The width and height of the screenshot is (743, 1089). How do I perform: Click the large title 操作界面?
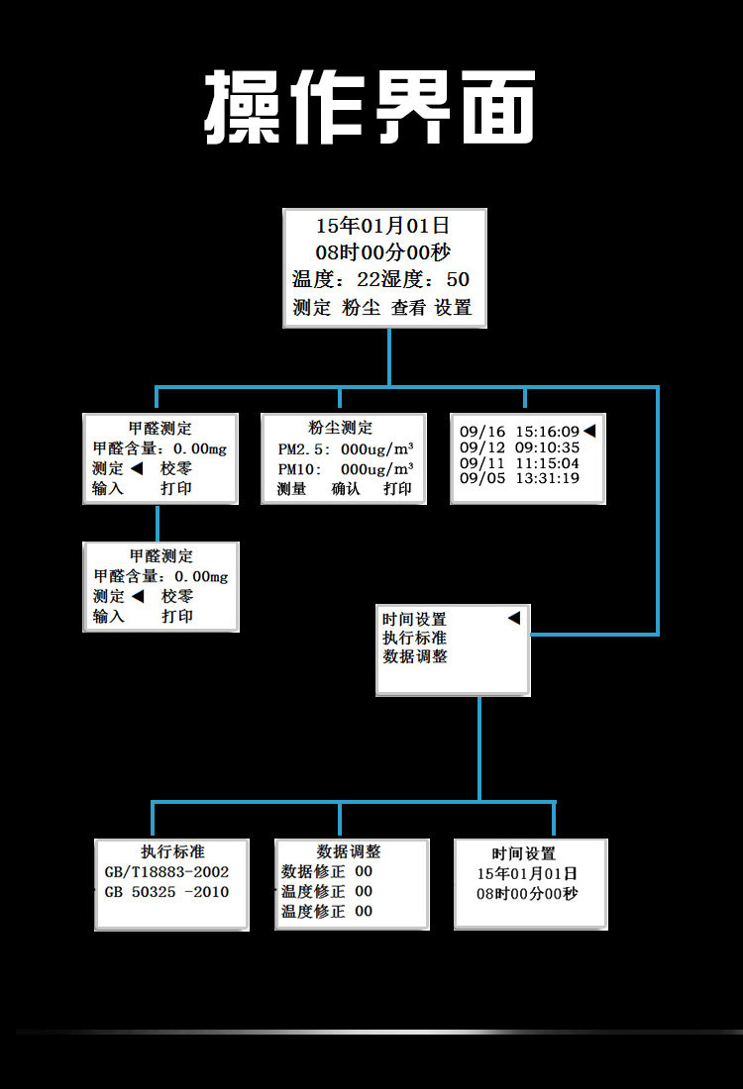tap(371, 107)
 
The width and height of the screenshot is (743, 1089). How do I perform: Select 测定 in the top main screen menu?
tap(312, 308)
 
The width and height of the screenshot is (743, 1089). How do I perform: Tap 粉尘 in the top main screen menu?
tap(362, 308)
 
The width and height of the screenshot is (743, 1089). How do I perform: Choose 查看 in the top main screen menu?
tap(408, 308)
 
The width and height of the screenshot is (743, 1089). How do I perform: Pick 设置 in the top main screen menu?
tap(454, 308)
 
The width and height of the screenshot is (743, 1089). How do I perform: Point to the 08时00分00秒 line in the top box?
tap(383, 252)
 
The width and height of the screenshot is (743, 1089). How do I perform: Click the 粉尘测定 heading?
tap(341, 429)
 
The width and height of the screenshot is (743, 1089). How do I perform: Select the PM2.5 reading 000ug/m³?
tap(377, 449)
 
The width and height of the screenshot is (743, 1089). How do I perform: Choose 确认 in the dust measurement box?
tap(346, 489)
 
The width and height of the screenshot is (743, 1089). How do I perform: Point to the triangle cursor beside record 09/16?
tap(589, 431)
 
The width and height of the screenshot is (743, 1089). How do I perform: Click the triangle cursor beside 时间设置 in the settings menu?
tap(513, 619)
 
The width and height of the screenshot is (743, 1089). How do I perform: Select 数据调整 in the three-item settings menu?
tap(415, 656)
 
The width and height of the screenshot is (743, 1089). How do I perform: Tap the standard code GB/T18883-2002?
tap(166, 872)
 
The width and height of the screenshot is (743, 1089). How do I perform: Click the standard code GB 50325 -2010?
tap(166, 892)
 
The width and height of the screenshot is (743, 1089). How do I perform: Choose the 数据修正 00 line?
tap(327, 871)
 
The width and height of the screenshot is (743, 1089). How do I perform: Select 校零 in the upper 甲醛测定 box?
tap(177, 468)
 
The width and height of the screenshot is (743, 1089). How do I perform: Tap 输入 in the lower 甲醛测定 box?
tap(109, 616)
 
